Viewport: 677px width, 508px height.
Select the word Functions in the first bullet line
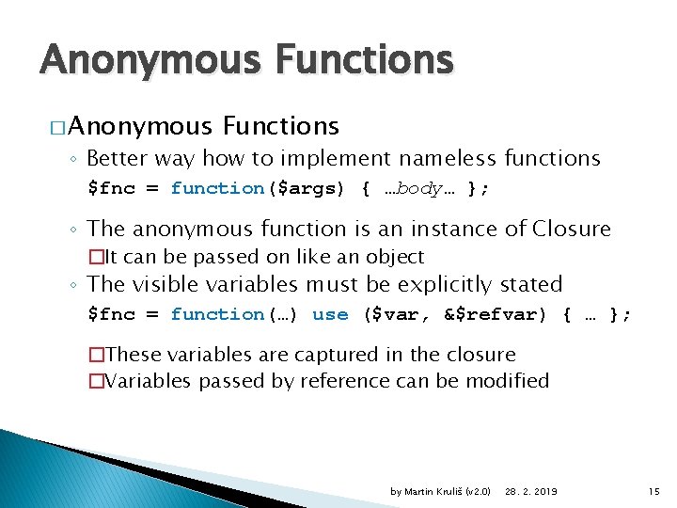point(281,125)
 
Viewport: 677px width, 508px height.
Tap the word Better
point(135,158)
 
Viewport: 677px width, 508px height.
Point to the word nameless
point(450,158)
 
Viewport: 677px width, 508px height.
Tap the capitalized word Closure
point(571,229)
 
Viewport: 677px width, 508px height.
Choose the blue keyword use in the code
point(330,314)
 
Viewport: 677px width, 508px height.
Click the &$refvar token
point(495,314)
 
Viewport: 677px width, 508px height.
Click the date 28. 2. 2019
point(531,492)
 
